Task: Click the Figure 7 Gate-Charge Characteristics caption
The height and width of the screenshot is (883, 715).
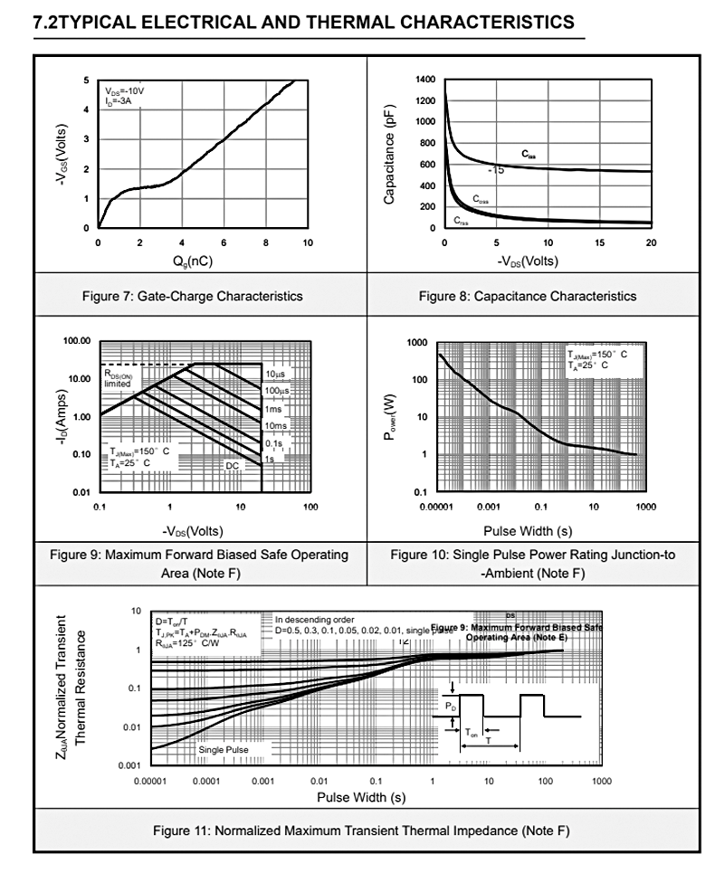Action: coord(200,296)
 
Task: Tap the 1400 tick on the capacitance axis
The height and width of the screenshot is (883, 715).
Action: coord(425,81)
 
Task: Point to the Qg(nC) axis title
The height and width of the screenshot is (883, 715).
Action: coord(204,261)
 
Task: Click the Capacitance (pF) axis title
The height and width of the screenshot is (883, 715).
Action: coord(390,154)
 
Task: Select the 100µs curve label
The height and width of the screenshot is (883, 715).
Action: coord(277,391)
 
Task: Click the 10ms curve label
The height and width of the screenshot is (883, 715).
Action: coord(276,425)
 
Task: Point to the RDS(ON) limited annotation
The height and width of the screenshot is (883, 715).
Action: coord(124,378)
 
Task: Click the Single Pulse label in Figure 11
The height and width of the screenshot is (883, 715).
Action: coord(223,749)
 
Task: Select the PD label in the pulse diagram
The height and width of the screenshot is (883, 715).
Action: coord(451,703)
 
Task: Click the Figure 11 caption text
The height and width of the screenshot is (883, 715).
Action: coord(361,831)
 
